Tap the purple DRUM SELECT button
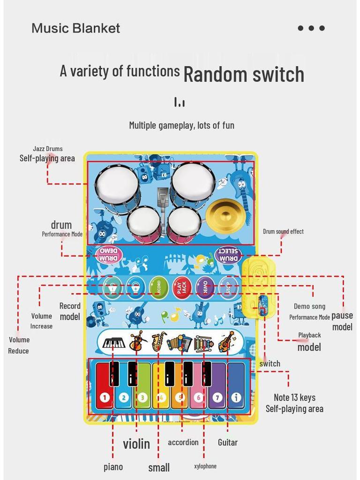click(229, 255)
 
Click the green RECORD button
click(158, 287)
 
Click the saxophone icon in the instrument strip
click(158, 342)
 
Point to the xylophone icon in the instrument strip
click(203, 343)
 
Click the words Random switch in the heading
click(244, 74)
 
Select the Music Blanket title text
click(75, 28)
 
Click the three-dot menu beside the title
click(311, 28)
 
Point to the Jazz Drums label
click(47, 149)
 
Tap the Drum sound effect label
click(283, 231)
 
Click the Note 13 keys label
click(294, 397)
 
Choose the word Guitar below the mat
click(228, 442)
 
